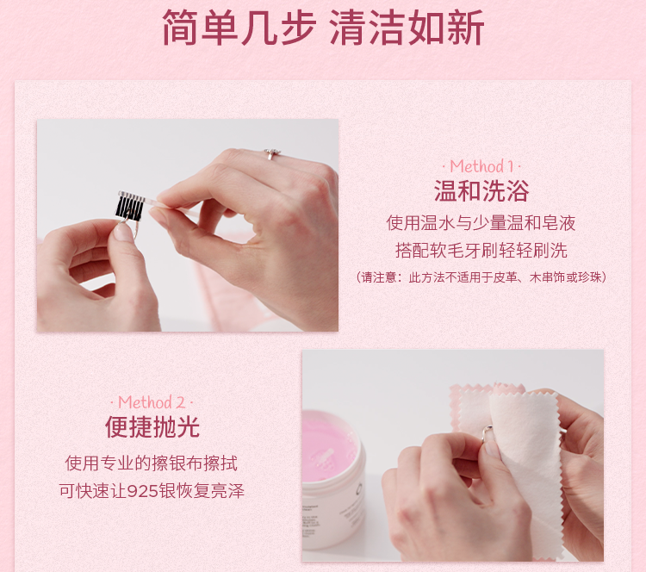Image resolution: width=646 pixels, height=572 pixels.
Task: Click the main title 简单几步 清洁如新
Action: [323, 28]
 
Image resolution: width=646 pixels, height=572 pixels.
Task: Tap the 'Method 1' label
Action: [481, 166]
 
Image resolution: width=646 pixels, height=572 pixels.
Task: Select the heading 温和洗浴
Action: [481, 190]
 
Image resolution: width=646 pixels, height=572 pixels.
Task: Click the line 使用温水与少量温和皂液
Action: [481, 223]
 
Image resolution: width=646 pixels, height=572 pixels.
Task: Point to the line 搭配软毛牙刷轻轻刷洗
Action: [481, 250]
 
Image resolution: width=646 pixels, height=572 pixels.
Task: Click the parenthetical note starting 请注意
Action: [481, 277]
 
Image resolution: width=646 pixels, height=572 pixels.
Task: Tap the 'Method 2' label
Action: [152, 402]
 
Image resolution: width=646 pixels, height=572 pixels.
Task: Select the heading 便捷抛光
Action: [152, 426]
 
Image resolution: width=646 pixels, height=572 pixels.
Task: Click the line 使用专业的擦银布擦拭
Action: [152, 463]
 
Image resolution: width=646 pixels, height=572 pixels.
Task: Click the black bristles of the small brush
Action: [129, 208]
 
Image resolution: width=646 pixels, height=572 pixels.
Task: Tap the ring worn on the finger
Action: [272, 153]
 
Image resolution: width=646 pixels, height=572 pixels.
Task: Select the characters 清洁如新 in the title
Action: [407, 28]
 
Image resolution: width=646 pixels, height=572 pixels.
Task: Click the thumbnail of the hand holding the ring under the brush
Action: [188, 225]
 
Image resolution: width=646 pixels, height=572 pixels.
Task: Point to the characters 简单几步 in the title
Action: [239, 28]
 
